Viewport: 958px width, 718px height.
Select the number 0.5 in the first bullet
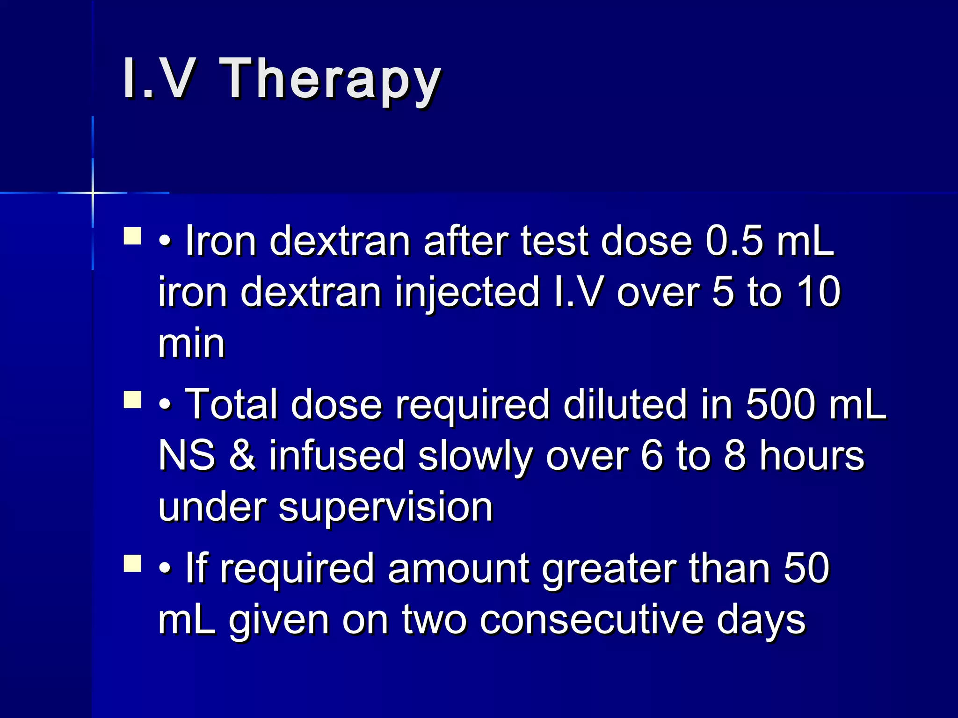pos(734,241)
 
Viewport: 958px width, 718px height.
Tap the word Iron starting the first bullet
pos(221,241)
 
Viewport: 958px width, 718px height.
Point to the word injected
pos(467,293)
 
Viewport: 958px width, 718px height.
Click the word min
pos(192,344)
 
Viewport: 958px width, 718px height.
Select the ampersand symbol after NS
pos(242,456)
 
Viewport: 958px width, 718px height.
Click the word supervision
pos(386,507)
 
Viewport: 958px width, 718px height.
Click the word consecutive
pos(591,620)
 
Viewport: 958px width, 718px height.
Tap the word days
pos(761,620)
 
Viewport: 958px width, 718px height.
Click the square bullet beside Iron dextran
pos(133,236)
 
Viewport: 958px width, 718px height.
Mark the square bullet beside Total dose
pos(133,400)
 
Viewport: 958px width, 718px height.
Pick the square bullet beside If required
pos(133,564)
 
